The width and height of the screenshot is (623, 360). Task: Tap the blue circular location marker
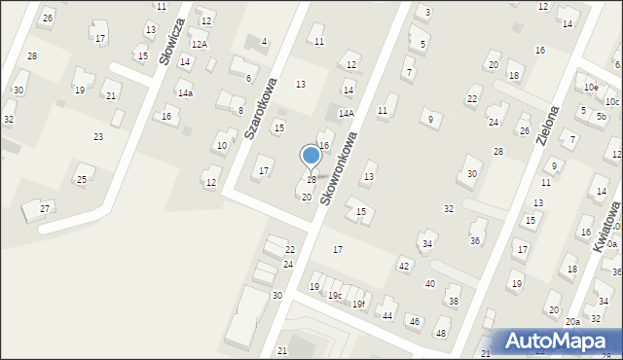[x=311, y=156]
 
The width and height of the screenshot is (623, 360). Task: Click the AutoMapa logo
[x=560, y=342]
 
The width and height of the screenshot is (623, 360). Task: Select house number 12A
[x=199, y=45]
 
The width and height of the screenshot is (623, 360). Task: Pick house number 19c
[x=334, y=295]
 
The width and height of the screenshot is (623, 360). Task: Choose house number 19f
[x=359, y=304]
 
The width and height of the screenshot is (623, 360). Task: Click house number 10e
[x=590, y=87]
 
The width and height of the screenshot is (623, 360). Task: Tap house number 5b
[x=602, y=116]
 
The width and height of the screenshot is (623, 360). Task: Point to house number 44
[x=386, y=315]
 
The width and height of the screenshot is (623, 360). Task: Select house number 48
[x=441, y=334]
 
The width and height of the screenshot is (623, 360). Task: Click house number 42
[x=404, y=266]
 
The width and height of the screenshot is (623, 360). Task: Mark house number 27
[x=44, y=208]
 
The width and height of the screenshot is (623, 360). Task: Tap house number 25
[x=82, y=179]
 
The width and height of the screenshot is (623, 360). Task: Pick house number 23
[x=97, y=137]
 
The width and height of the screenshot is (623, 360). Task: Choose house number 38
[x=453, y=302]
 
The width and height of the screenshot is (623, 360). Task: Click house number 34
[x=426, y=243]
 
